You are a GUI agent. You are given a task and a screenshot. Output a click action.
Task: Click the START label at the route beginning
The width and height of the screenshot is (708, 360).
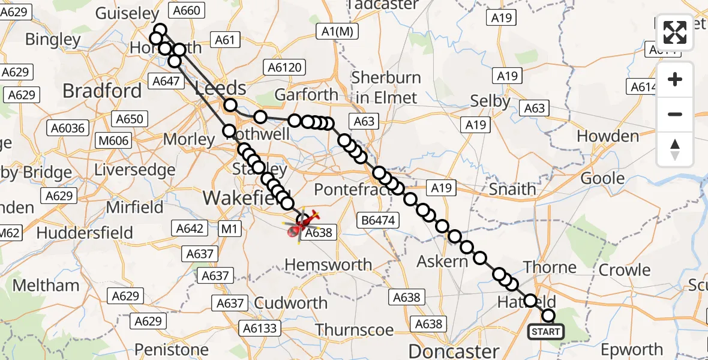(545, 332)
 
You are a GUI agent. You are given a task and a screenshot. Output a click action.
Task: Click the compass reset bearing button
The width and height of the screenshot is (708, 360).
(675, 149)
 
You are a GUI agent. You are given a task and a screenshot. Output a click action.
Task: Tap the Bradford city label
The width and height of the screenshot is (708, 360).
(102, 91)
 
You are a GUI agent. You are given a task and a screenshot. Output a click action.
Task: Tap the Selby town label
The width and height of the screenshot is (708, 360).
(490, 101)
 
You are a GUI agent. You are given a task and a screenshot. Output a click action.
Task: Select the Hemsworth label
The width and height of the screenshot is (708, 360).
(328, 265)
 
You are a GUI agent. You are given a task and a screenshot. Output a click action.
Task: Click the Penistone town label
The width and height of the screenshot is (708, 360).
(172, 349)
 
